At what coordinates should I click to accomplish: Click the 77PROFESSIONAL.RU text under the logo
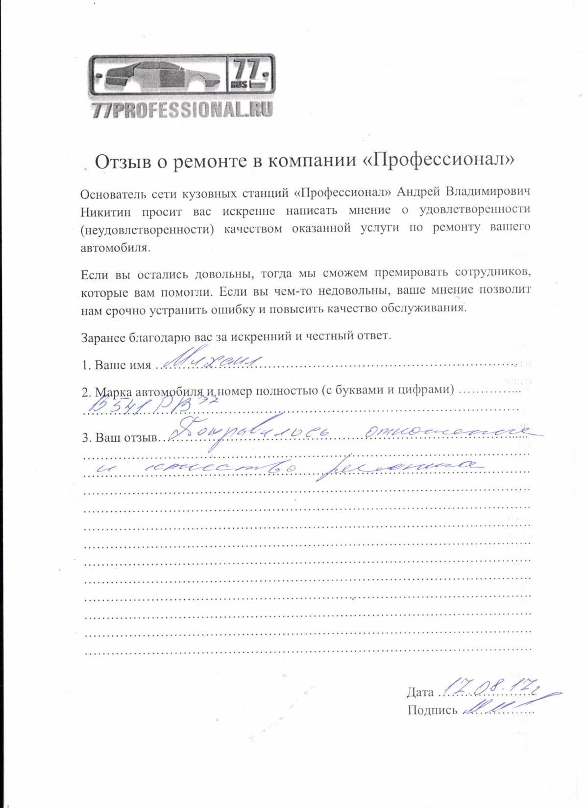[x=182, y=110]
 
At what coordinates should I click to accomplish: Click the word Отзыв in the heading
[x=122, y=162]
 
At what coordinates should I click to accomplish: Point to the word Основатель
[x=113, y=194]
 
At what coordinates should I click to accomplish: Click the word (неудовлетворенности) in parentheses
[x=147, y=230]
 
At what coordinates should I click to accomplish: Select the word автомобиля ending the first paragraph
[x=115, y=248]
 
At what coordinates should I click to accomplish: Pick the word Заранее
[x=103, y=337]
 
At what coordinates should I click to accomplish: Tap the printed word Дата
[x=420, y=692]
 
